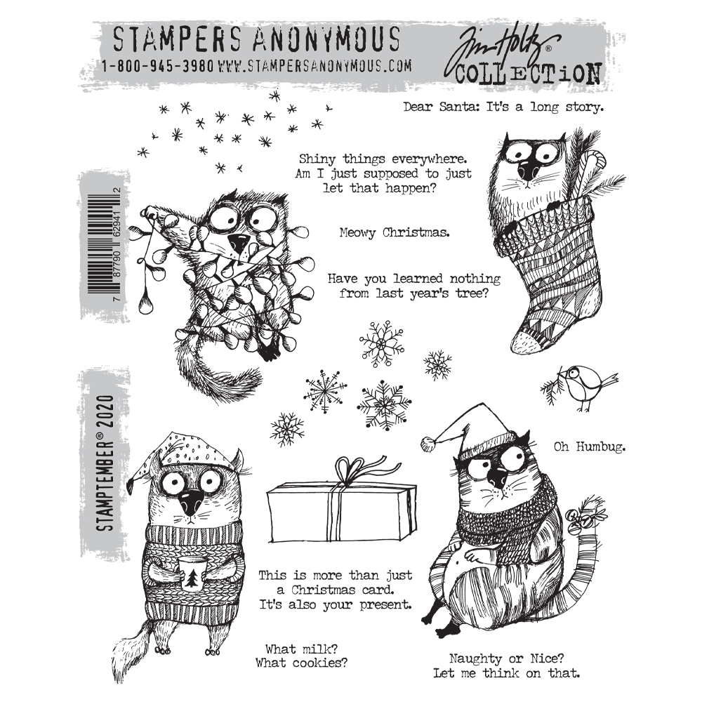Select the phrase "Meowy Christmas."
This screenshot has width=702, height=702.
[393, 232]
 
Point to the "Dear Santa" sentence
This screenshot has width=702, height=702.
[503, 107]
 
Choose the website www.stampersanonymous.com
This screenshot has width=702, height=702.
[314, 67]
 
